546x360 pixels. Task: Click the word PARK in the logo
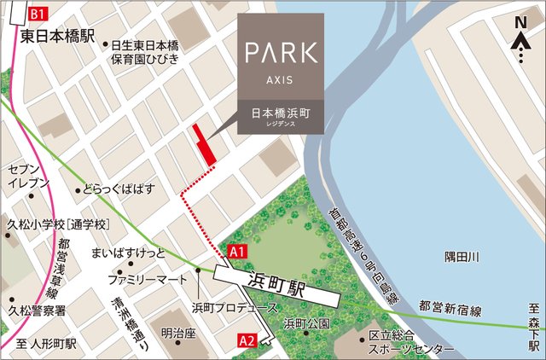tap(281, 52)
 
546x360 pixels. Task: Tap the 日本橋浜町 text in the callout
tap(281, 113)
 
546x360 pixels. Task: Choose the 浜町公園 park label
tap(307, 324)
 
